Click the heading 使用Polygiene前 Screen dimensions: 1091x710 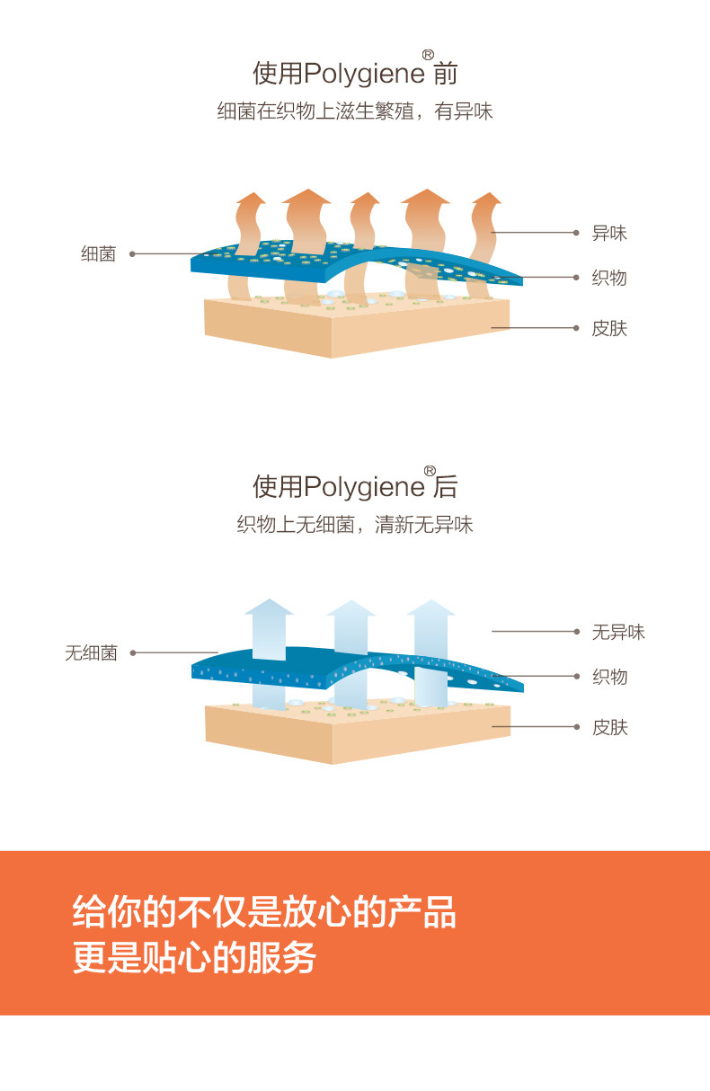pos(355,72)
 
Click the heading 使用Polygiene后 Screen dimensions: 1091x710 pos(355,486)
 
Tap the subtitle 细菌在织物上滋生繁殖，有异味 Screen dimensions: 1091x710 pos(355,112)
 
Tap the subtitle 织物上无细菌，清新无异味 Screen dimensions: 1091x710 pos(355,525)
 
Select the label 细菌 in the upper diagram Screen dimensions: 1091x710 pos(99,254)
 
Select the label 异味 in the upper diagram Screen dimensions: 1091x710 pos(609,233)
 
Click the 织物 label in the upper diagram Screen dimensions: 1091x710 pos(609,278)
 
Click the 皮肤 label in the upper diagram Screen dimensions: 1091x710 pos(609,328)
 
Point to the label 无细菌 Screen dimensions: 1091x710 pos(91,653)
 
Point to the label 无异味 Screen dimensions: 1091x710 pos(618,632)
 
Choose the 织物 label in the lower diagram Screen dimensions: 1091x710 pos(609,677)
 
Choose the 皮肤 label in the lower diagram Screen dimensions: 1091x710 pos(609,727)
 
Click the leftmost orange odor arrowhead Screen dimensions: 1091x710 pos(251,200)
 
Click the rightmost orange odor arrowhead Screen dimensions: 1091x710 pos(486,200)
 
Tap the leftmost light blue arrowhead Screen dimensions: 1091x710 pos(269,608)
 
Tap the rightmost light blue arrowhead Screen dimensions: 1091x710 pos(430,609)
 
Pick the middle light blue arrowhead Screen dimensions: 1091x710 pos(351,609)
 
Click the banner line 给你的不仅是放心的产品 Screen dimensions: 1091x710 pos(264,912)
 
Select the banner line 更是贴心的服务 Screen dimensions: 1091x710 pos(194,958)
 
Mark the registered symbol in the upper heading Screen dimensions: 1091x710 pos(428,55)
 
